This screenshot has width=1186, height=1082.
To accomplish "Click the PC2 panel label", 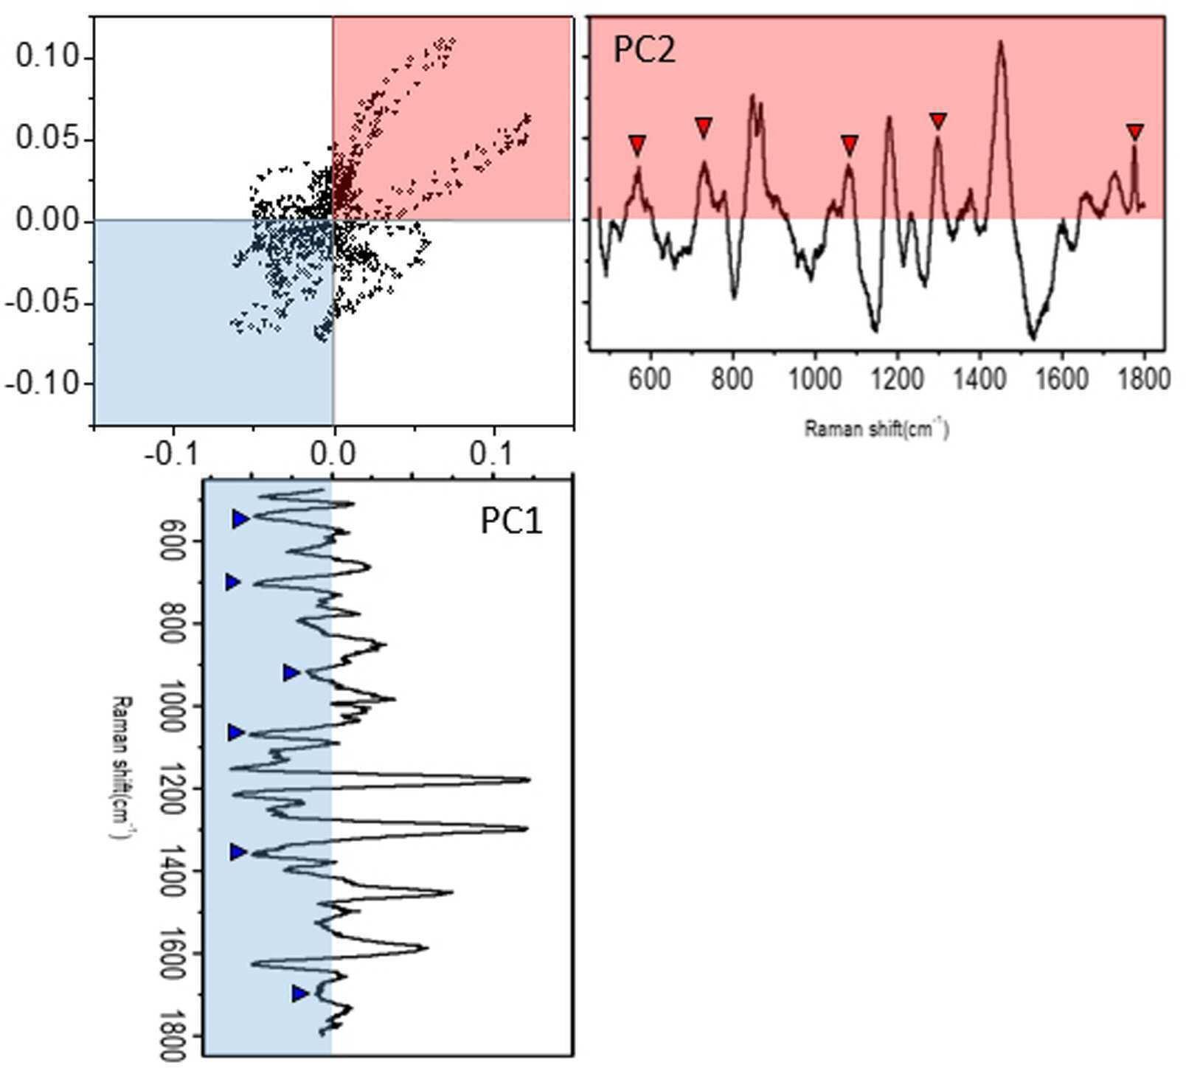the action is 644,50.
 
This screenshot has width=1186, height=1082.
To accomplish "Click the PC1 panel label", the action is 511,521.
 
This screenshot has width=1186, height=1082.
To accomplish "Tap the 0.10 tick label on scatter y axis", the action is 46,57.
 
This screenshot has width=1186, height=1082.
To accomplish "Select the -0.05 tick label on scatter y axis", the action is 41,302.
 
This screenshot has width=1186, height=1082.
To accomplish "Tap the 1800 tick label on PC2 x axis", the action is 1143,379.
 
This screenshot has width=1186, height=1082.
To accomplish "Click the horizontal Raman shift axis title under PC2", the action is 876,429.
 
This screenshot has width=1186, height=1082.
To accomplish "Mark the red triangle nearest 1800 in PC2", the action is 1134,133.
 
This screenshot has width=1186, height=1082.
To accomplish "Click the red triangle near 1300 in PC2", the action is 937,121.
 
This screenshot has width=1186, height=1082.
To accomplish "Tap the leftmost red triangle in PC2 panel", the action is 637,144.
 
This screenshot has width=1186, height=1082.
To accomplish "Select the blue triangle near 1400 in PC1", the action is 237,852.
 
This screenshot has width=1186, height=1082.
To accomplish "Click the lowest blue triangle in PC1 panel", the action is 299,993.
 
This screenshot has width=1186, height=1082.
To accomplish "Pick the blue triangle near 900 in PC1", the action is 291,673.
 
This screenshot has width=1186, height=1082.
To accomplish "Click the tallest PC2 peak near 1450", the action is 1001,42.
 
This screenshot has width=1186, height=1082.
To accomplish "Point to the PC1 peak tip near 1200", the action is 529,779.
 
